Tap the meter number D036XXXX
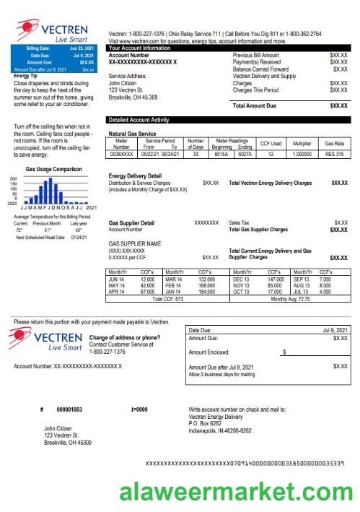(x=121, y=155)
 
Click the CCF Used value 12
(x=271, y=155)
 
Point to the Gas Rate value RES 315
(x=335, y=155)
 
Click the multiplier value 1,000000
(x=303, y=155)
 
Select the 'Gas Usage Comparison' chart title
(x=53, y=169)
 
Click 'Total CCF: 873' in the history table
(x=167, y=298)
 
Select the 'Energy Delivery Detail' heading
(x=135, y=176)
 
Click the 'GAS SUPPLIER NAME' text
(x=134, y=243)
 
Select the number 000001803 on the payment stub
(x=69, y=409)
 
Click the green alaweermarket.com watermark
(x=234, y=493)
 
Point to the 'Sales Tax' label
(x=241, y=223)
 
